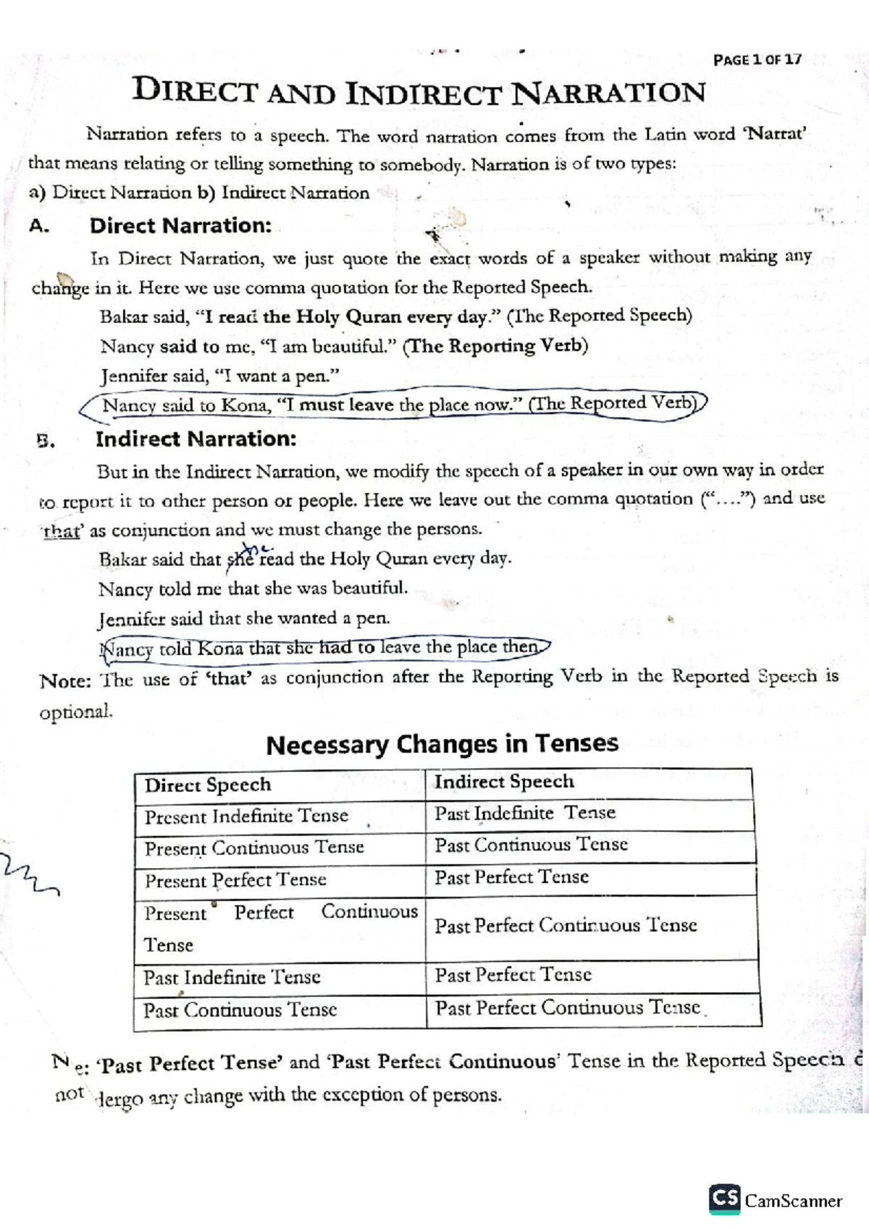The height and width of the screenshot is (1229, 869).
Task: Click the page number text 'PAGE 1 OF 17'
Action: coord(757,59)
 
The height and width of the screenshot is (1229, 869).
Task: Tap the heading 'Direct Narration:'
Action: coord(180,226)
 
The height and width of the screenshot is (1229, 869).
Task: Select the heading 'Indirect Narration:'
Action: coord(196,439)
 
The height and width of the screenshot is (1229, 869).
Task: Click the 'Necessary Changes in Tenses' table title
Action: coord(442,744)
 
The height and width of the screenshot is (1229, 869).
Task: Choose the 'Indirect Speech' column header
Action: coord(504,782)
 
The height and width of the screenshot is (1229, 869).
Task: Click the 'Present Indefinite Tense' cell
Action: coord(246,816)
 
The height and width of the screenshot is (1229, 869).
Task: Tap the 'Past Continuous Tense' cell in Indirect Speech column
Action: coord(531,845)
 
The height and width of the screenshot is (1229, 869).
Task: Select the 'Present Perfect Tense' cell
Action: coord(235,880)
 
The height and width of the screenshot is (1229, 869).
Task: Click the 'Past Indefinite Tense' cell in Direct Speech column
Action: coord(232,978)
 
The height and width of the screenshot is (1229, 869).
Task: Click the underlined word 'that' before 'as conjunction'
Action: coord(61,532)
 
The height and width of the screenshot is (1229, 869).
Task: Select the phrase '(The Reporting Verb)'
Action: coord(495,346)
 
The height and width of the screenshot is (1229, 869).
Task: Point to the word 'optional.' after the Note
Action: coord(76,711)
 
